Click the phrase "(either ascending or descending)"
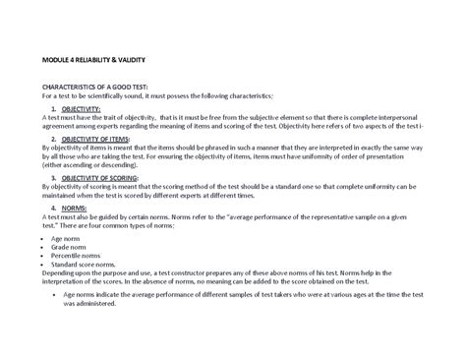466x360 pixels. coord(85,164)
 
